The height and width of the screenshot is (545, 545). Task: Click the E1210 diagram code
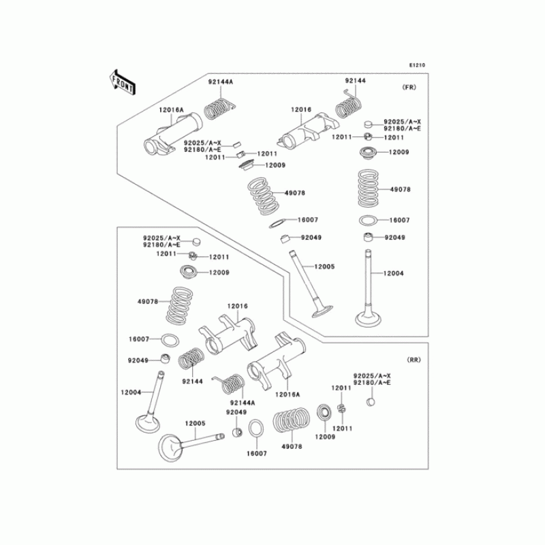(417, 65)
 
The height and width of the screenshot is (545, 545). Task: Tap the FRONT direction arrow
(122, 81)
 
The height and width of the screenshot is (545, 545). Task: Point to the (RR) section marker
(414, 359)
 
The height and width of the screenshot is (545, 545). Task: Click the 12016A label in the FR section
(171, 110)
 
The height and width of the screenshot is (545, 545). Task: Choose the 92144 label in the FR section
(355, 81)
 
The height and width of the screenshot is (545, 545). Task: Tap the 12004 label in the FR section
(393, 273)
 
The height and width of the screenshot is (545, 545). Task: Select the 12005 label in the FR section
(324, 266)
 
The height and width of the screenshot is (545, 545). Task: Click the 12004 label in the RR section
(130, 392)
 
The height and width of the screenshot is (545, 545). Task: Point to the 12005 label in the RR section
(196, 423)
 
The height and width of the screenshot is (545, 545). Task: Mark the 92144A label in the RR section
(243, 403)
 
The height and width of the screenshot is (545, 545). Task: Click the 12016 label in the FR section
(301, 109)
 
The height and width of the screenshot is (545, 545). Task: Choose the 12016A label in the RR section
(288, 394)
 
